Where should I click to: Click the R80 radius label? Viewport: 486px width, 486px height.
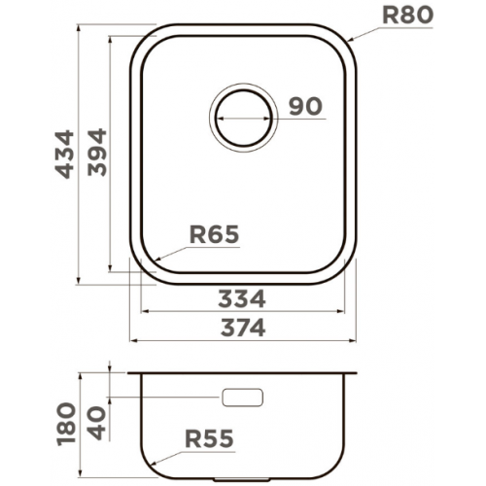coord(407,15)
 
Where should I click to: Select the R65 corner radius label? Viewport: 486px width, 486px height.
coord(214,234)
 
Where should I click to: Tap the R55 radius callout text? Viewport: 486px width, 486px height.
coord(209,438)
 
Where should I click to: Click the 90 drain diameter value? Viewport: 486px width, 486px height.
coord(305,106)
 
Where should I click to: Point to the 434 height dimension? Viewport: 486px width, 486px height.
coord(65,155)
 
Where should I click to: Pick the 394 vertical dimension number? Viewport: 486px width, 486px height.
coord(97,153)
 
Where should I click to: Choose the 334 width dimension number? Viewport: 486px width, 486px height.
coord(242,298)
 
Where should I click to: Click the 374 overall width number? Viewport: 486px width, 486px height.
coord(243,328)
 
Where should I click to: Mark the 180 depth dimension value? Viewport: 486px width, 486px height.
coord(66,424)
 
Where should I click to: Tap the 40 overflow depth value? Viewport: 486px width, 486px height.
coord(97,423)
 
